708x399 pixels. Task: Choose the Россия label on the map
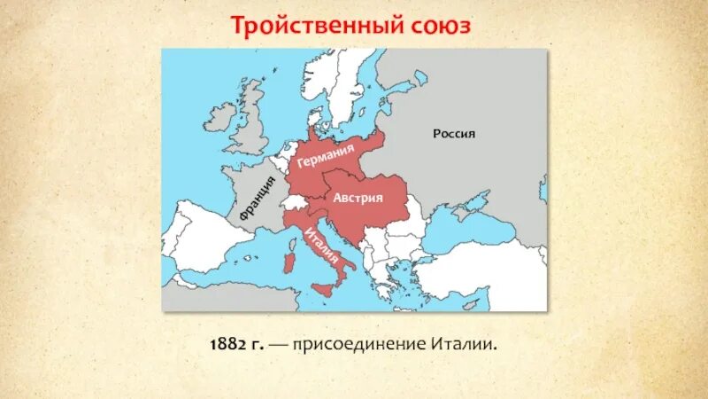tap(454, 134)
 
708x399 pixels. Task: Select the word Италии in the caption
tap(466, 342)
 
